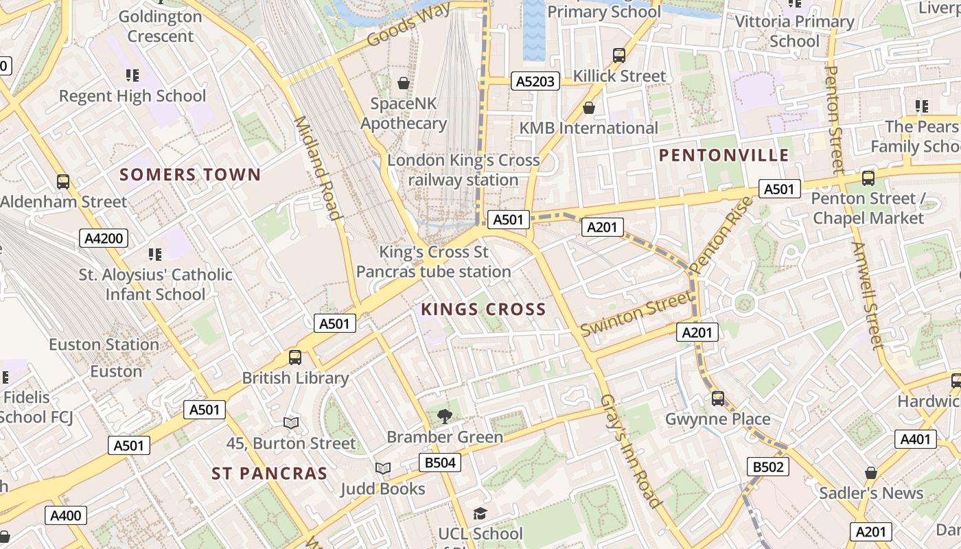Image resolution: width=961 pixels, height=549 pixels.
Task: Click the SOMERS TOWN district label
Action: point(190,175)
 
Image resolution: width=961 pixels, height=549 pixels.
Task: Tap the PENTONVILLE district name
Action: point(724,155)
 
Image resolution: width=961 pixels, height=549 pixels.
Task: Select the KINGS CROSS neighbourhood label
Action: point(483,309)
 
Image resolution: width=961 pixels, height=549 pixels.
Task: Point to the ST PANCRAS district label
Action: point(269,474)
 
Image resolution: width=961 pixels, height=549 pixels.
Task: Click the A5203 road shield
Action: point(535,82)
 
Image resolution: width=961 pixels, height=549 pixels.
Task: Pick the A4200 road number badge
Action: point(103,239)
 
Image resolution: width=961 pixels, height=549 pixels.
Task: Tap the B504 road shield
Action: point(440,463)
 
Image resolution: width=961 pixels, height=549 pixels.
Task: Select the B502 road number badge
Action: point(768,467)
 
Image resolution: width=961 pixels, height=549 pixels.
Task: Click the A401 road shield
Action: point(915,439)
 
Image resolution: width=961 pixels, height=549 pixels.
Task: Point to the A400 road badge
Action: point(66,515)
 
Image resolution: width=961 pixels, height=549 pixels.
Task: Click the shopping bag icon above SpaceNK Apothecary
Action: point(404,83)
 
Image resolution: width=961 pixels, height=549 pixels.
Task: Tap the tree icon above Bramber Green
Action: point(445,415)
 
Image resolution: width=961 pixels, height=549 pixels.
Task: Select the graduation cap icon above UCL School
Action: point(480,513)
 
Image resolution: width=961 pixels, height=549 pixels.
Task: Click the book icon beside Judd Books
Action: point(383,468)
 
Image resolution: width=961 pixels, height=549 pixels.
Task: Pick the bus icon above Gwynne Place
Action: point(718,398)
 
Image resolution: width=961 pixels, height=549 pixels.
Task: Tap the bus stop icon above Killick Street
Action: point(619,55)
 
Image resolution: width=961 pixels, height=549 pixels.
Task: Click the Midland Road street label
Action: point(317,168)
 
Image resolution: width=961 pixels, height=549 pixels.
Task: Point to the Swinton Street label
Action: point(636,314)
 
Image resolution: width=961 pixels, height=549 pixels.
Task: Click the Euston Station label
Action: point(104,344)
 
